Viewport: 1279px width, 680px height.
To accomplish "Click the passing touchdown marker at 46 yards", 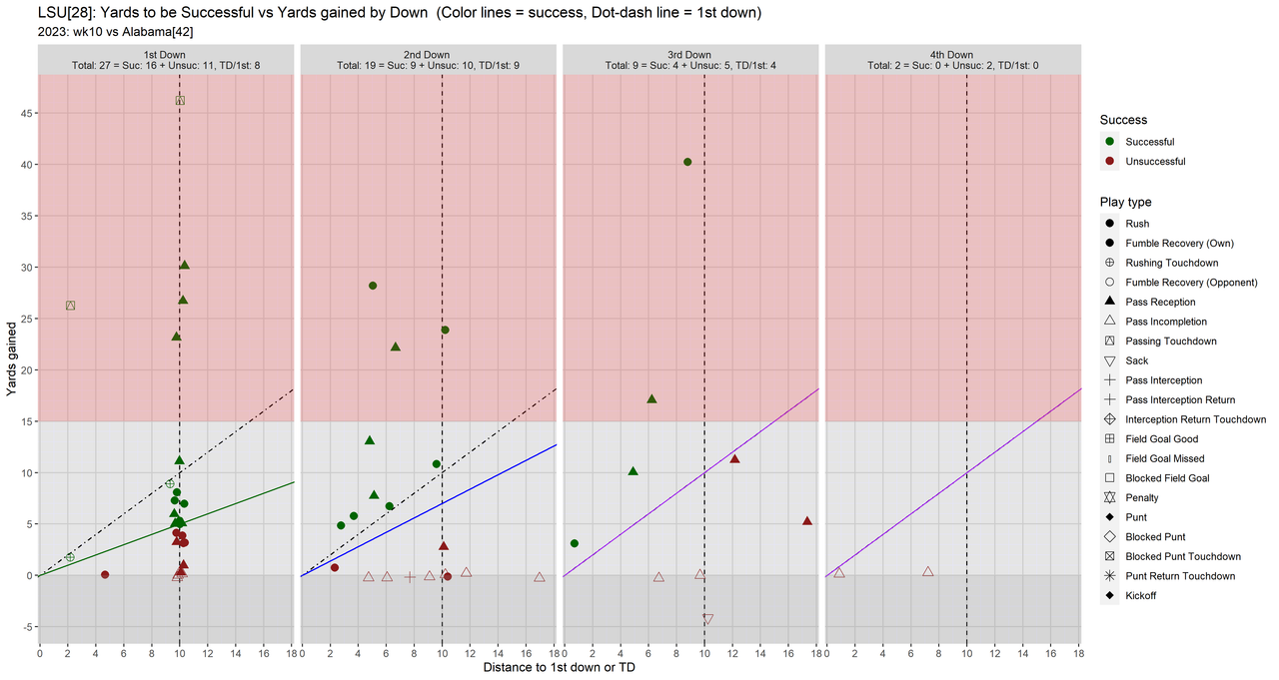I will pyautogui.click(x=180, y=100).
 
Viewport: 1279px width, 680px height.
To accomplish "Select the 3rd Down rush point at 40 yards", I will pyautogui.click(x=687, y=162).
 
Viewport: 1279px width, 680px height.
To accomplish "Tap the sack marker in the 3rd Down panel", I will pyautogui.click(x=708, y=620).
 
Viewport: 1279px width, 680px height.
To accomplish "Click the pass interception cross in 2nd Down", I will pyautogui.click(x=410, y=577).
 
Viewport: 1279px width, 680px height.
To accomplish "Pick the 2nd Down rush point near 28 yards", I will pyautogui.click(x=373, y=286).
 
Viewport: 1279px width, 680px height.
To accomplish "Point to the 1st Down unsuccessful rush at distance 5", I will pyautogui.click(x=105, y=574).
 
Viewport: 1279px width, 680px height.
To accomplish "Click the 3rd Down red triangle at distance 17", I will pyautogui.click(x=807, y=521).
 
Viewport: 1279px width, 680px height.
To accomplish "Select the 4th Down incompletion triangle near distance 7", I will pyautogui.click(x=928, y=572).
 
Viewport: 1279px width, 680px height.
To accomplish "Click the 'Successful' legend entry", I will pyautogui.click(x=1149, y=142).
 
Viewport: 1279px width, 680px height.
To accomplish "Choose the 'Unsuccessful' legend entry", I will pyautogui.click(x=1155, y=162).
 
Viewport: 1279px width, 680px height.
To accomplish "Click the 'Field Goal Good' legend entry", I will pyautogui.click(x=1161, y=439).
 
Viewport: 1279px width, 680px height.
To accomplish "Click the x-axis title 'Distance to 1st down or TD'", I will pyautogui.click(x=559, y=667).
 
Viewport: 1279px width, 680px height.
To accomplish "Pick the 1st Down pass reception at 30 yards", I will pyautogui.click(x=184, y=266).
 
